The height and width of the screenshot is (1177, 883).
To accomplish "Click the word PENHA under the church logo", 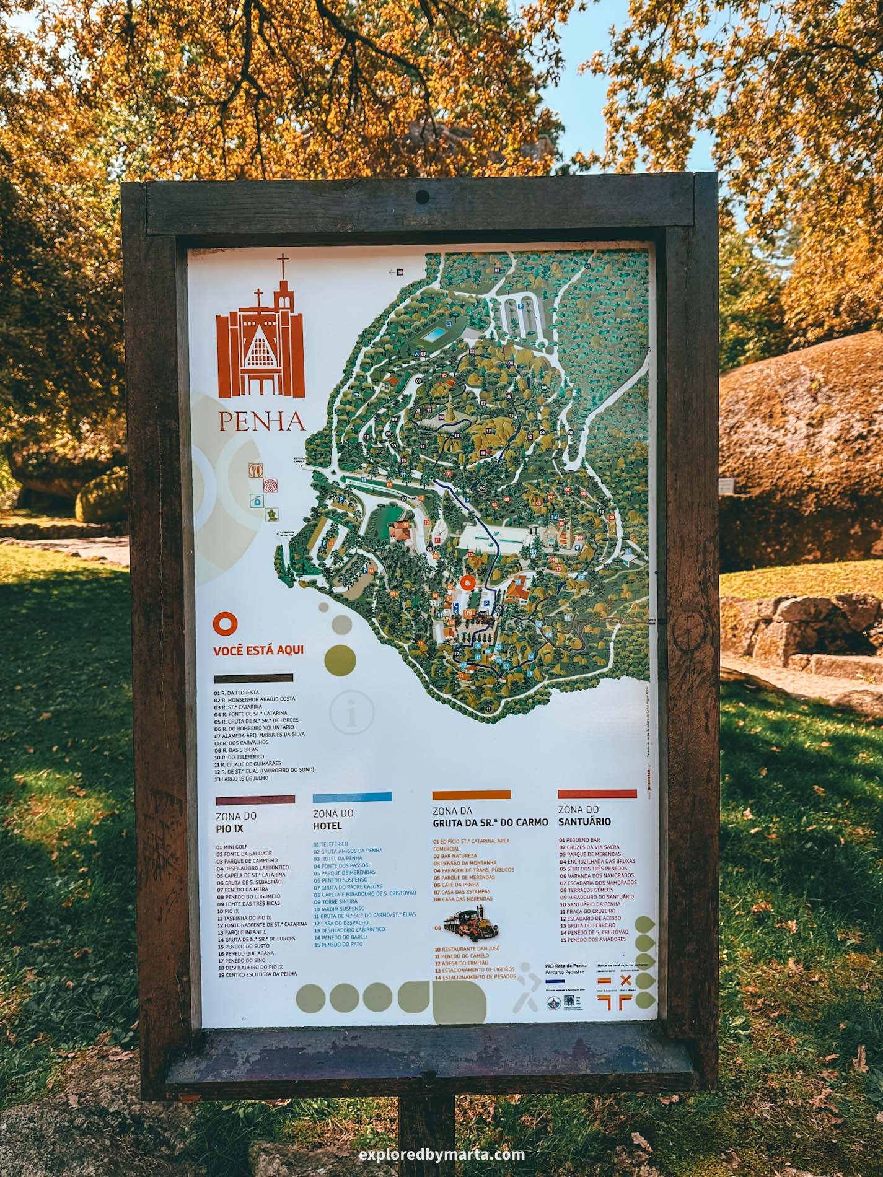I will coord(261,421).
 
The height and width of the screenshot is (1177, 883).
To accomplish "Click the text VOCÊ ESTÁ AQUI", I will coord(262,651).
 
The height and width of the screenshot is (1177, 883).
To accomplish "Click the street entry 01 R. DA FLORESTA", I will coord(236,692).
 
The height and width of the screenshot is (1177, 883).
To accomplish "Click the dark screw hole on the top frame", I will coord(422,197).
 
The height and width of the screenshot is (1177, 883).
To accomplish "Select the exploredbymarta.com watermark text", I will coord(442,1153).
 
